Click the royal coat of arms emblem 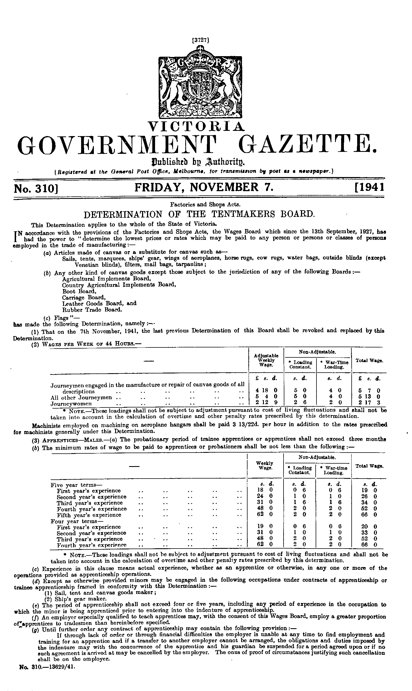click(x=200, y=83)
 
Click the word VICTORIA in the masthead click(x=197, y=127)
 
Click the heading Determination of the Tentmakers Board click(x=199, y=214)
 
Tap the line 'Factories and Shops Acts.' click(x=205, y=205)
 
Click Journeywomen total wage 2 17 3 click(x=369, y=403)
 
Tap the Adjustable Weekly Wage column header click(x=266, y=360)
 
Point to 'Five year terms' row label click(x=73, y=485)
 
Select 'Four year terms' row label click(x=73, y=521)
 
